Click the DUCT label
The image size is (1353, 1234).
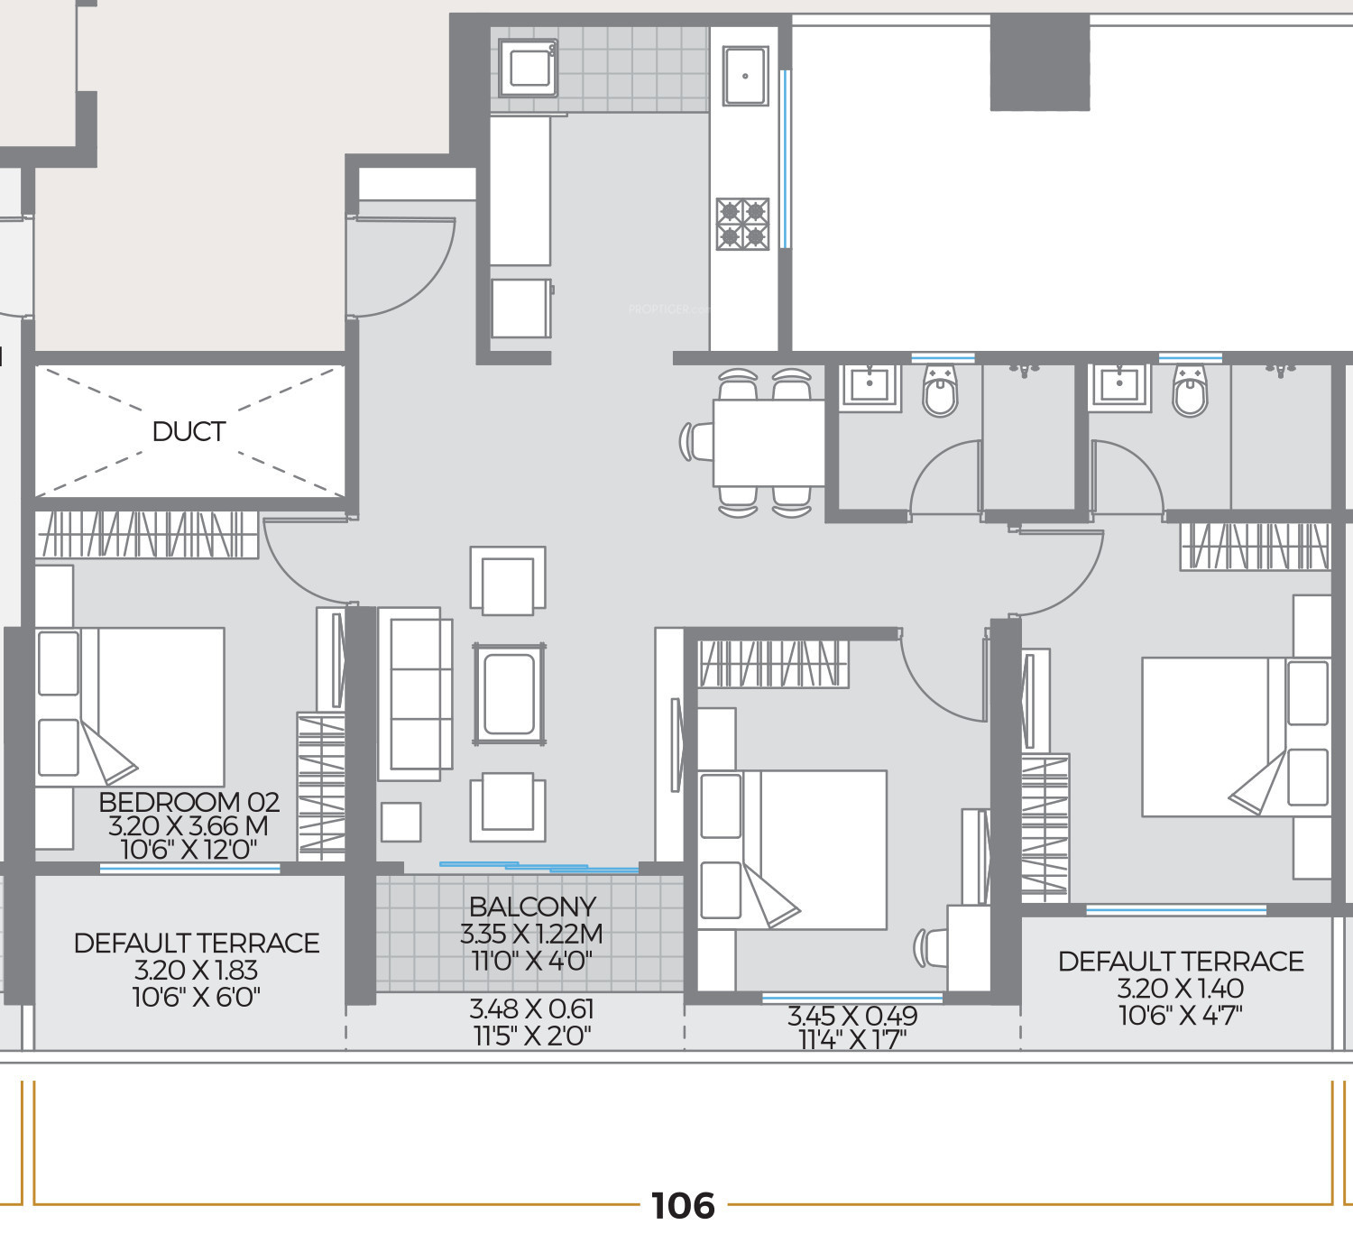click(x=189, y=432)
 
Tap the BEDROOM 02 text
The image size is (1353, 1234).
click(x=189, y=802)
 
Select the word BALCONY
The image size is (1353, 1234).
click(x=533, y=907)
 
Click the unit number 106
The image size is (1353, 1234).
click(x=683, y=1206)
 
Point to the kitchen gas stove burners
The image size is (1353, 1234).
click(x=742, y=224)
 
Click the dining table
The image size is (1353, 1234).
click(x=769, y=443)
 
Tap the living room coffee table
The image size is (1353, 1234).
click(x=510, y=695)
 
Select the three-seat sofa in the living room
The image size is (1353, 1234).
click(x=416, y=695)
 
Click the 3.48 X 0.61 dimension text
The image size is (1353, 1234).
click(x=531, y=1009)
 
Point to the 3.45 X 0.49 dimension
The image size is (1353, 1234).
click(x=852, y=1016)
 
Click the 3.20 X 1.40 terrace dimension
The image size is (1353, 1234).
click(x=1181, y=989)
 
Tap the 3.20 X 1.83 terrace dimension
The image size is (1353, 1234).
click(x=196, y=971)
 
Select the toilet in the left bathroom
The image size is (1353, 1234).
click(x=940, y=391)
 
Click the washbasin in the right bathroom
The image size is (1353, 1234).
click(x=1119, y=385)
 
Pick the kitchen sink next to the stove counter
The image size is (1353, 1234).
click(x=745, y=77)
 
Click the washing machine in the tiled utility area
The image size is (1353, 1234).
click(x=528, y=68)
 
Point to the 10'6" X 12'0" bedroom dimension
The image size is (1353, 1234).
click(x=189, y=850)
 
